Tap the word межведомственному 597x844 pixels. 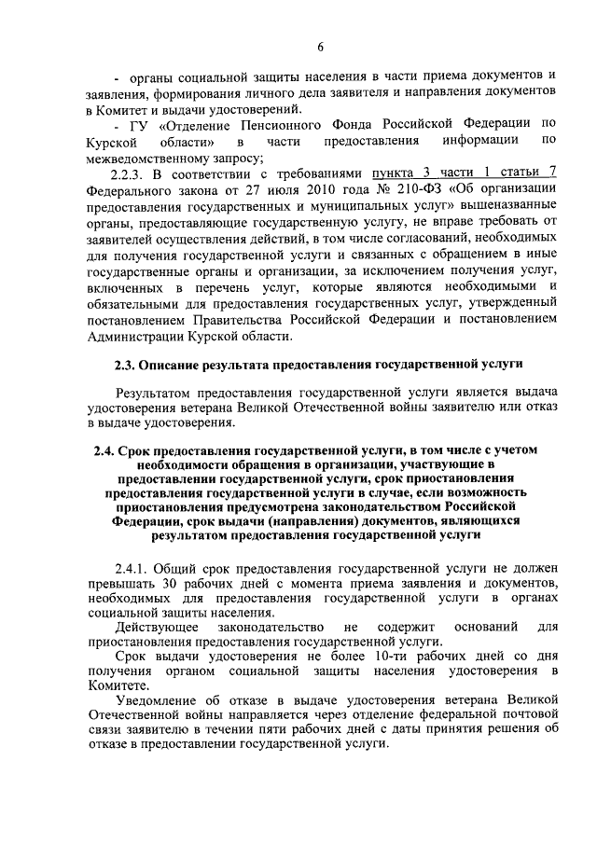(x=146, y=158)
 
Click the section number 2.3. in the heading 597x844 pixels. (x=128, y=363)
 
